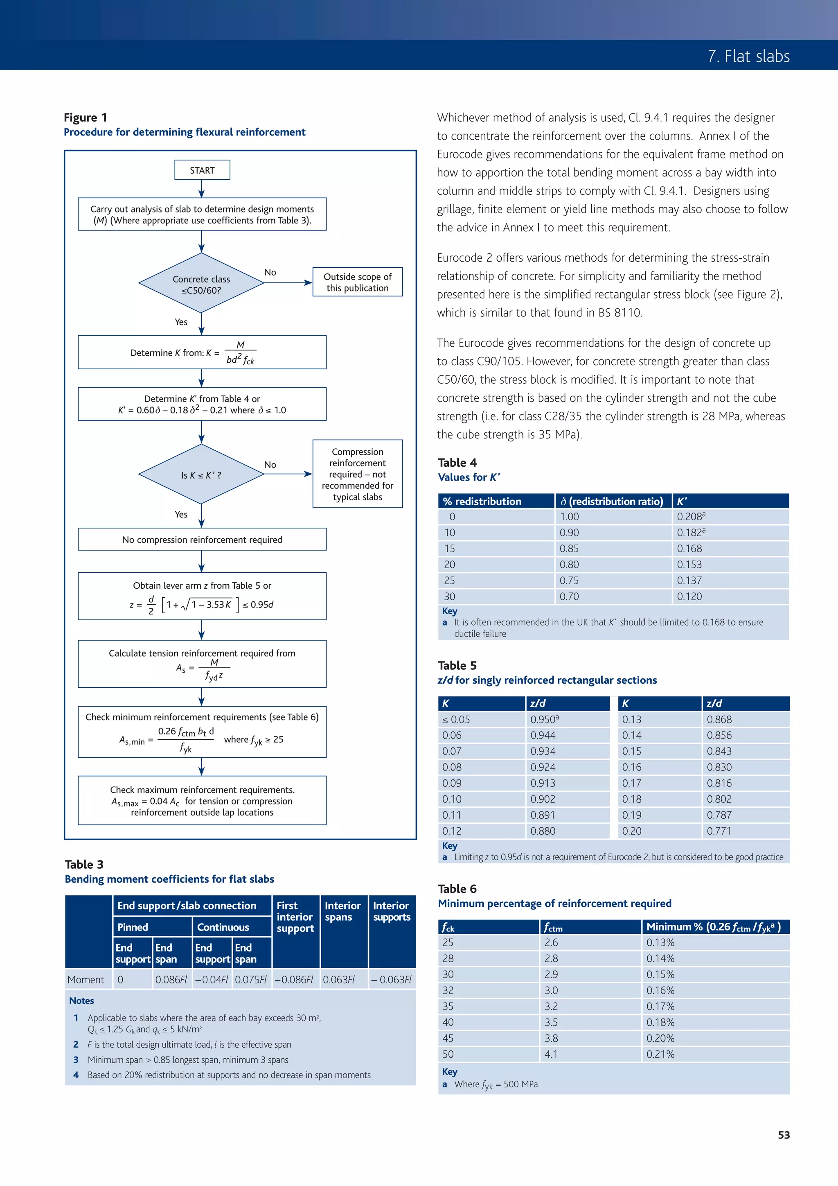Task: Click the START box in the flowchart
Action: (202, 170)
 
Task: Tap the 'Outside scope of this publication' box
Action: (357, 282)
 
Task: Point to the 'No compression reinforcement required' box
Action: (202, 539)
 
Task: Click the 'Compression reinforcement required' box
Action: (357, 474)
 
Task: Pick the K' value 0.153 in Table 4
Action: (689, 565)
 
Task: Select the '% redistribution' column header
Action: (482, 501)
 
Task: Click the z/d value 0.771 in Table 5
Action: (719, 831)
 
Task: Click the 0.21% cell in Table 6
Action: (660, 1054)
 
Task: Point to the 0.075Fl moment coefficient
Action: (250, 979)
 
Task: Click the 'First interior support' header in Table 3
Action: (295, 917)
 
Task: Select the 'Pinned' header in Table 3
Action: (133, 927)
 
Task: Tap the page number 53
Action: (783, 1135)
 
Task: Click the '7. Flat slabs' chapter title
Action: (749, 56)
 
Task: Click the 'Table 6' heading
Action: (457, 889)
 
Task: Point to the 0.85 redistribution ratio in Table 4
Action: (569, 549)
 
